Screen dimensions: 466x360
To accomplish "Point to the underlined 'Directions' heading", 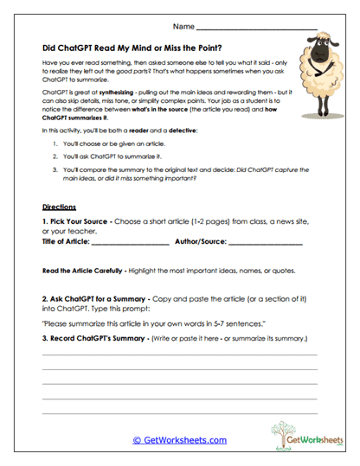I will click(x=59, y=207).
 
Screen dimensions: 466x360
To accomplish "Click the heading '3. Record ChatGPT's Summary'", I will click(x=109, y=337).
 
